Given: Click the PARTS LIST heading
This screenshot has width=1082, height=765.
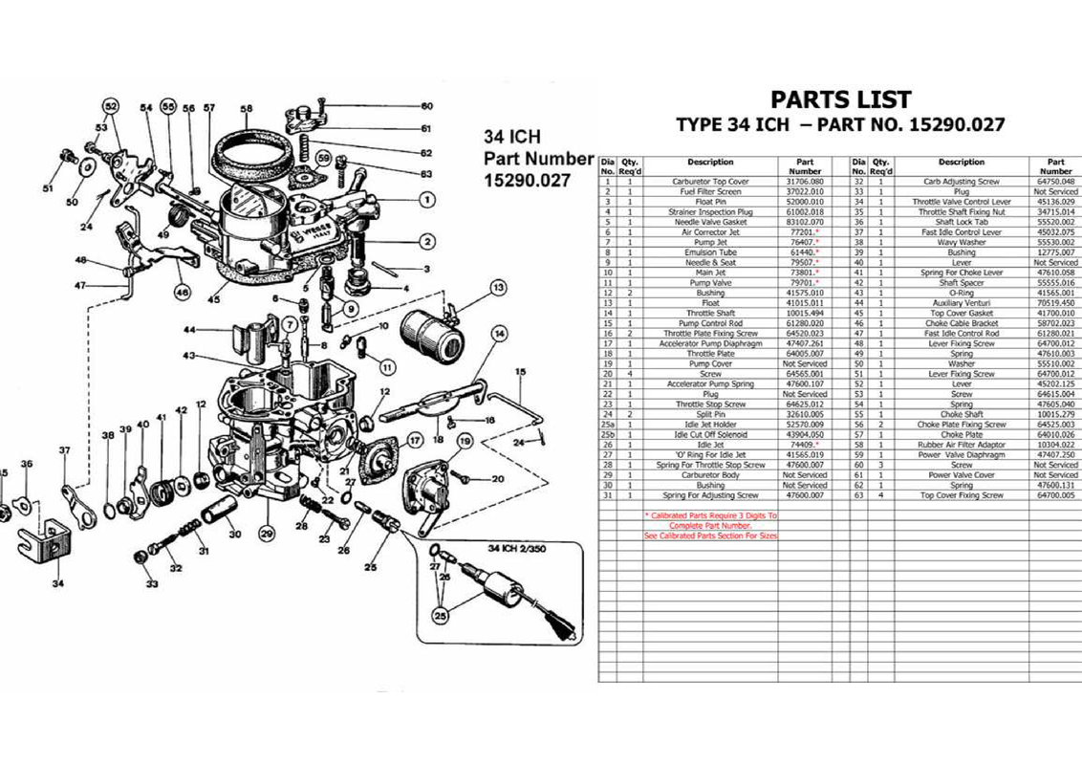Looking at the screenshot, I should click(x=840, y=100).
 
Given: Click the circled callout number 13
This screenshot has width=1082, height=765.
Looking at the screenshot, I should click(x=497, y=288).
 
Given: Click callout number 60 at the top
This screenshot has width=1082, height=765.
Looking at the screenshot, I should click(x=426, y=106).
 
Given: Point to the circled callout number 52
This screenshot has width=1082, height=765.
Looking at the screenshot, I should click(x=110, y=106).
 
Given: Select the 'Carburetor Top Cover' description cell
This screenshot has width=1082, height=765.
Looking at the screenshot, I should click(x=709, y=182).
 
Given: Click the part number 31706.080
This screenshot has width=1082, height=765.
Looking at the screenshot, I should click(x=804, y=182).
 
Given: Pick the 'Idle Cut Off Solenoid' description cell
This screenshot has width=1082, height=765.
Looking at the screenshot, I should click(x=709, y=434).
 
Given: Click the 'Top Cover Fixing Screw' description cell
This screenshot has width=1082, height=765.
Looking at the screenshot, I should click(x=962, y=495).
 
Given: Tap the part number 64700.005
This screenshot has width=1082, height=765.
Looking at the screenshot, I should click(x=1055, y=495).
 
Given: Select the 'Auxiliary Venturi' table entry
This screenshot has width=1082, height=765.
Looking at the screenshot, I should click(x=962, y=303).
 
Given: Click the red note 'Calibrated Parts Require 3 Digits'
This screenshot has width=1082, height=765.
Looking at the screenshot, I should click(x=711, y=515).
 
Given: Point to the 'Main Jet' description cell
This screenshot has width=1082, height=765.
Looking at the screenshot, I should click(x=709, y=273).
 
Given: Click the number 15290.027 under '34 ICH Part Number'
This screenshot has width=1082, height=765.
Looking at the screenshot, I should click(x=527, y=179).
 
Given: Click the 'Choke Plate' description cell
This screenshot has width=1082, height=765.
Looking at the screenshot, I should click(x=962, y=434).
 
